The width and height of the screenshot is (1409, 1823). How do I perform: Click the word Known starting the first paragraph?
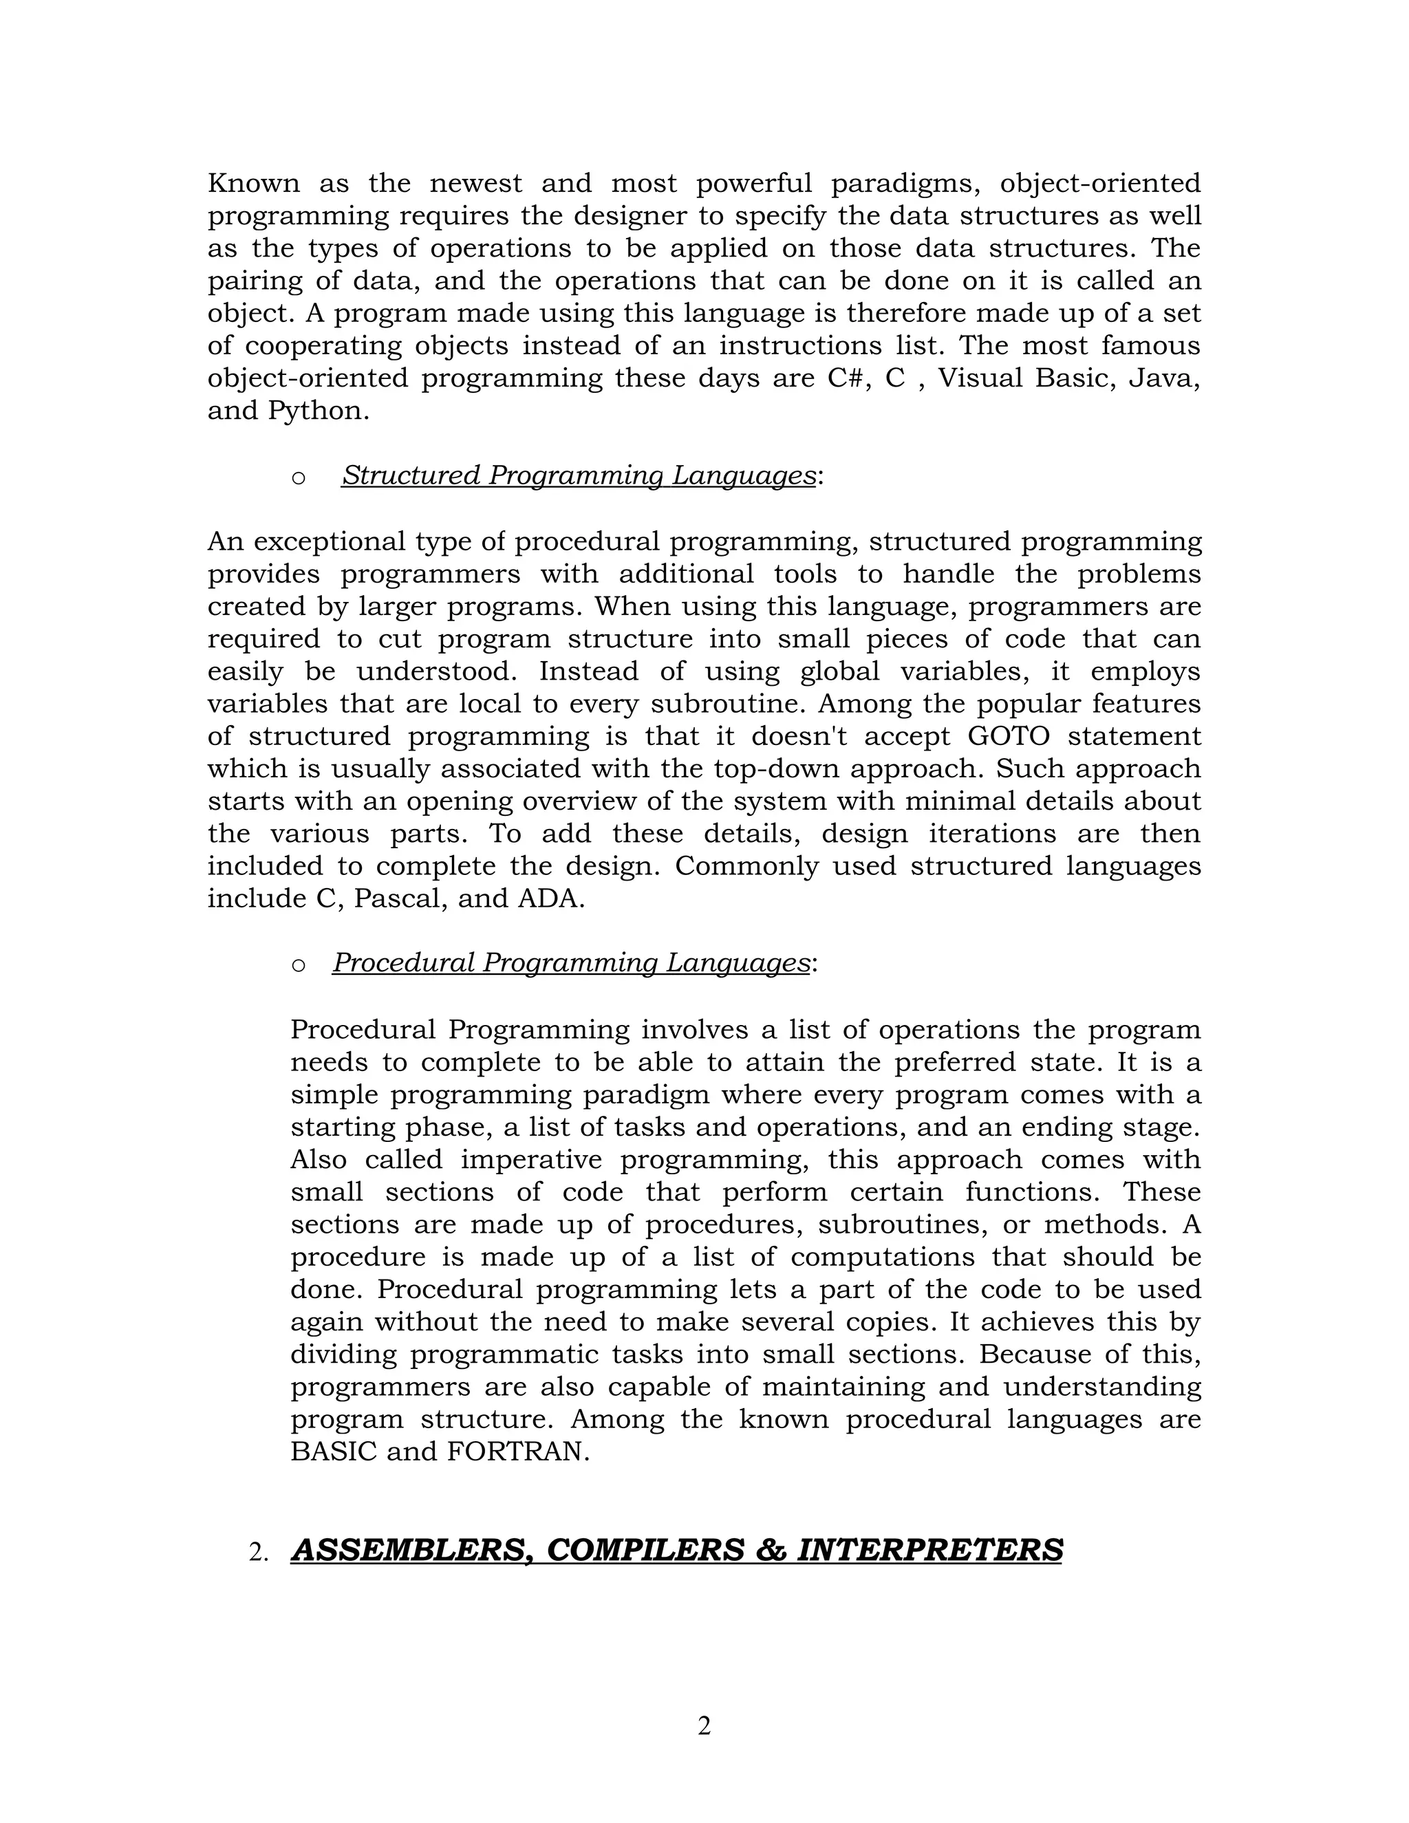[x=253, y=183]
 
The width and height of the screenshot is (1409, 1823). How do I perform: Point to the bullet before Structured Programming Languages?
[x=298, y=477]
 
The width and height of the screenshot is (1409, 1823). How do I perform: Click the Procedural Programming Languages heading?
[x=572, y=962]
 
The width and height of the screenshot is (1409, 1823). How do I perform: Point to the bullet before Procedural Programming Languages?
[x=298, y=965]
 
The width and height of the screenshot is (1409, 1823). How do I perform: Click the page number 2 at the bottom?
[x=704, y=1725]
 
